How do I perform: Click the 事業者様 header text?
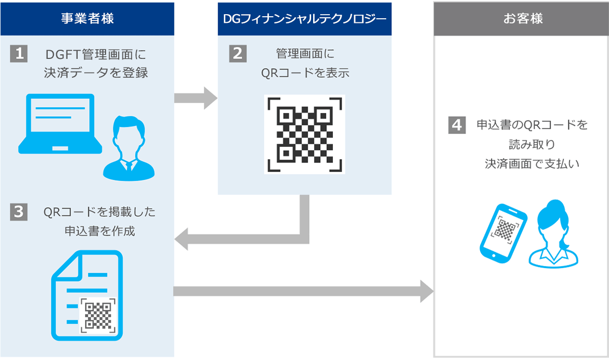[x=87, y=18]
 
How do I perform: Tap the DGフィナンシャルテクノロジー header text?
[x=304, y=19]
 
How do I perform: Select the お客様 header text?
[x=523, y=18]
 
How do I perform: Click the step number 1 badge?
[x=19, y=54]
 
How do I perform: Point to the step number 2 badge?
[x=238, y=54]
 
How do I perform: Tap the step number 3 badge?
[x=19, y=212]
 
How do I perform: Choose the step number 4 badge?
[x=457, y=125]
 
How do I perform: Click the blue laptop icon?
[x=60, y=124]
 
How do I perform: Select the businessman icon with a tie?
[x=129, y=148]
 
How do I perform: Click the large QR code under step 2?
[x=304, y=135]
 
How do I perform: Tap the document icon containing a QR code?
[x=87, y=296]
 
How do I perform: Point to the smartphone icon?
[x=503, y=234]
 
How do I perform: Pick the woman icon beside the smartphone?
[x=553, y=234]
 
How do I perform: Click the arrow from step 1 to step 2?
[x=196, y=98]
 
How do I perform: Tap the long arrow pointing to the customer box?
[x=303, y=291]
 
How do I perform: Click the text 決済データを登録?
[x=96, y=73]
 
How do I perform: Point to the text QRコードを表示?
[x=305, y=73]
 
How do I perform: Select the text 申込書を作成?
[x=100, y=231]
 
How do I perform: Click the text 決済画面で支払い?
[x=532, y=164]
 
